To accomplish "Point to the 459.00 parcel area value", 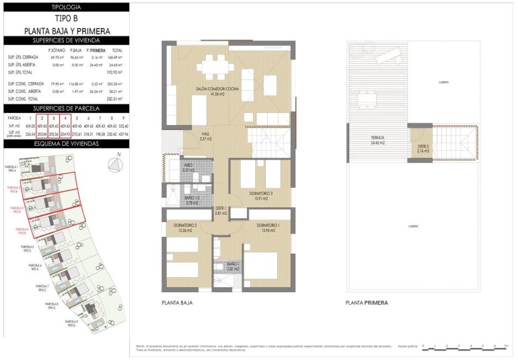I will click(x=30, y=125).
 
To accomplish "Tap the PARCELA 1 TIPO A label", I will click(x=12, y=168).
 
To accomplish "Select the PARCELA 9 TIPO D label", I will click(x=72, y=324).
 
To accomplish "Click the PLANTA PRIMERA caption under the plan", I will click(x=366, y=303).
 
